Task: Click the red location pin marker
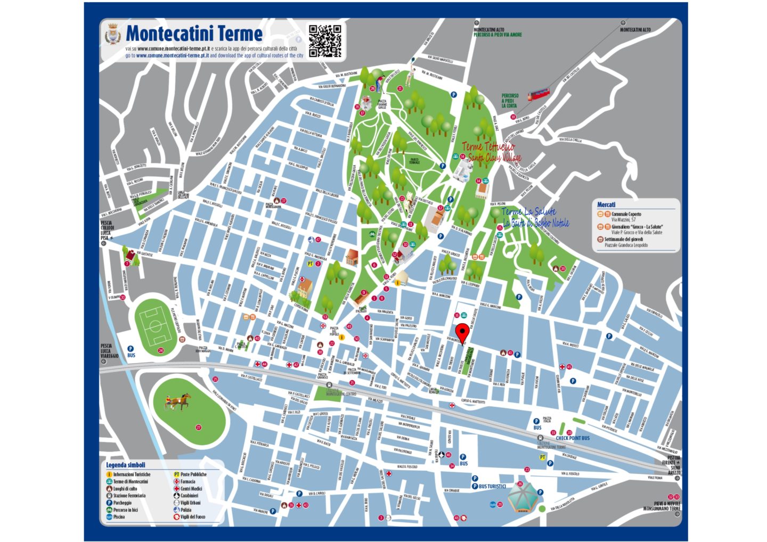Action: [x=462, y=332]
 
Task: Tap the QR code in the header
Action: [x=325, y=40]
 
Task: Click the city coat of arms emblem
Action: [x=112, y=35]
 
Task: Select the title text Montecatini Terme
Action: [x=194, y=34]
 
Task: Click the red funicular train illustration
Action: [x=537, y=95]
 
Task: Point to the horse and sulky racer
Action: [x=177, y=401]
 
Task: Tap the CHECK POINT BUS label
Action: [x=573, y=438]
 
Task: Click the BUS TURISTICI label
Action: [x=492, y=486]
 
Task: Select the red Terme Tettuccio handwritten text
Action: [x=488, y=146]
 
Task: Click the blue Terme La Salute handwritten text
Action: [x=528, y=212]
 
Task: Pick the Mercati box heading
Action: [x=606, y=204]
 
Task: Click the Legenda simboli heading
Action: [x=125, y=465]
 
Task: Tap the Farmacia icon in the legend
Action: [x=176, y=481]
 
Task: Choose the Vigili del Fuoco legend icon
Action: [x=176, y=516]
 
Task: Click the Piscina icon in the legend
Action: [x=109, y=516]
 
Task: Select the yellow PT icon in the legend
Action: [x=176, y=474]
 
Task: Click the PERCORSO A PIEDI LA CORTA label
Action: [x=509, y=101]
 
